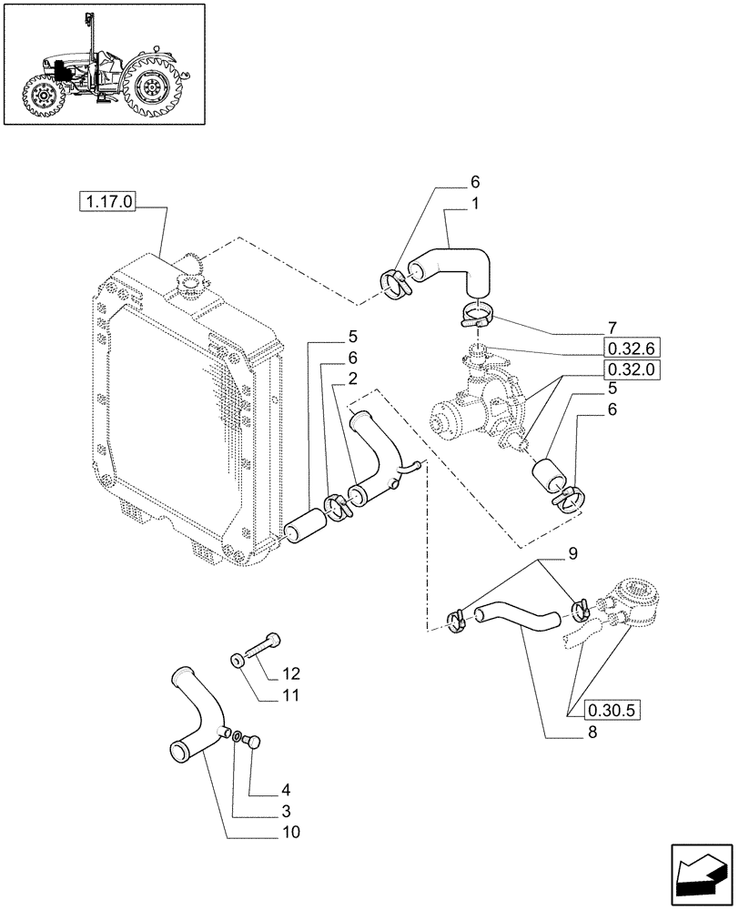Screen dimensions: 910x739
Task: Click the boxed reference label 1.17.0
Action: (107, 202)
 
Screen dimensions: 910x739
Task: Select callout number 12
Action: (290, 674)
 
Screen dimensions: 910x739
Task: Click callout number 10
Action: (289, 832)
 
